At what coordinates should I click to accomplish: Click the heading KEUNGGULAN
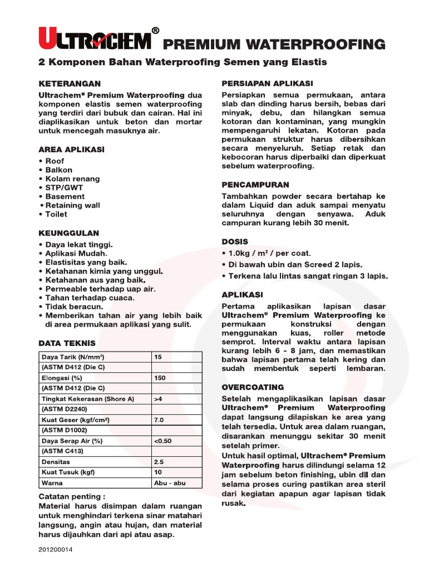tap(68, 233)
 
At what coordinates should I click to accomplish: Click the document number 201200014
tap(56, 550)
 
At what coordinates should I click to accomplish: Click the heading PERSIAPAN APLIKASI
tap(267, 83)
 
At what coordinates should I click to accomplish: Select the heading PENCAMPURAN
tap(255, 185)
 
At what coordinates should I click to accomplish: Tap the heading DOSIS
tap(235, 242)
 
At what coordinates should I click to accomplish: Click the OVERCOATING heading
tap(252, 387)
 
